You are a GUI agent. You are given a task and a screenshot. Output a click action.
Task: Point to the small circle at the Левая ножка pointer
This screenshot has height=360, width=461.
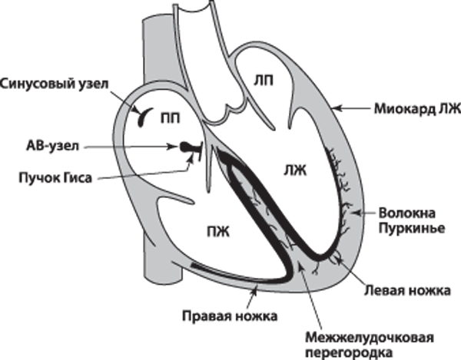336,259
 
